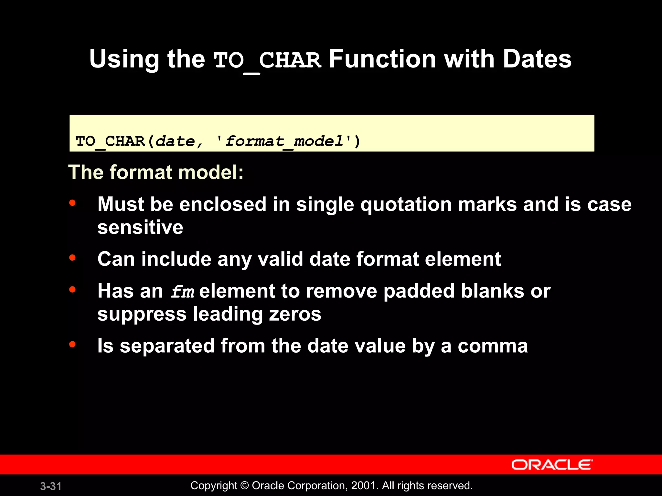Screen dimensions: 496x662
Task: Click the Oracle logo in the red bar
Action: point(552,465)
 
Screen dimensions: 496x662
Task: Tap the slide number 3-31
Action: point(51,486)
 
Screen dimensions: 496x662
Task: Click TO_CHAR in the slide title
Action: point(267,61)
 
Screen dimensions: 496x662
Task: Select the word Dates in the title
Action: point(537,59)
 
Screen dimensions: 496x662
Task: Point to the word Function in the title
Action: point(382,59)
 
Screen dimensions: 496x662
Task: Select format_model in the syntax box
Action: point(284,141)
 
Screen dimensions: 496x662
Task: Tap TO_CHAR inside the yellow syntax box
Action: point(110,141)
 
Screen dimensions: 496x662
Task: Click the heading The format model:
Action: point(156,172)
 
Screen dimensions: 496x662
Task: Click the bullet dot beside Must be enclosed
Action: point(72,203)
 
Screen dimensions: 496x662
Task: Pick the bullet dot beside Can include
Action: point(72,258)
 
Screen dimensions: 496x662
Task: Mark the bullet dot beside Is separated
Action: point(72,344)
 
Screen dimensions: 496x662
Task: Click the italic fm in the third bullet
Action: point(182,292)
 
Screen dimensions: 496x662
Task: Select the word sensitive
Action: point(140,227)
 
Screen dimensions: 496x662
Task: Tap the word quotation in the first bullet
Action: point(406,205)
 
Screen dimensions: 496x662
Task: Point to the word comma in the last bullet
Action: point(493,346)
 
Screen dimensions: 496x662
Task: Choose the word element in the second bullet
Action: point(463,259)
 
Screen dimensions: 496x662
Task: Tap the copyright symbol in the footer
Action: point(245,486)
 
